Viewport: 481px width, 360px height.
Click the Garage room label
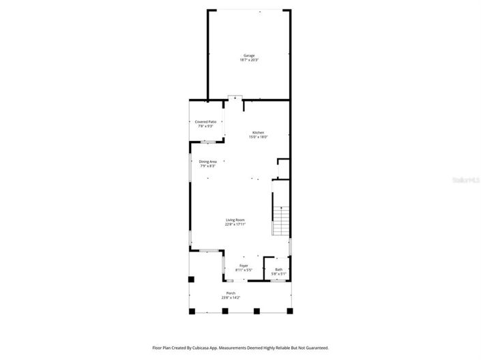click(249, 55)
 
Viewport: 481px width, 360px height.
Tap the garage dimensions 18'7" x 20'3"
click(249, 60)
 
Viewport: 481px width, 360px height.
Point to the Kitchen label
click(258, 132)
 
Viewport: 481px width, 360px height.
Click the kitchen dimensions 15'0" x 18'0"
click(258, 137)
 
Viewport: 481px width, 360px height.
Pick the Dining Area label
click(207, 162)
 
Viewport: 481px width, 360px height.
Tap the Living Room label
click(235, 220)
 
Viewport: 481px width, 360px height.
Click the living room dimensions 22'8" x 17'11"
click(235, 224)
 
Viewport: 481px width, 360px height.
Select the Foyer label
click(244, 265)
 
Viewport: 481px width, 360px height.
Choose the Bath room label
click(278, 269)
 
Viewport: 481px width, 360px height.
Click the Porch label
click(231, 293)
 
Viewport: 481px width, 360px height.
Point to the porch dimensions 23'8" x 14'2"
click(231, 298)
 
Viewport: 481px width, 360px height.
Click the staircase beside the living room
click(280, 220)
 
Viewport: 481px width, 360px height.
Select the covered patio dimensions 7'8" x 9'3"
click(205, 126)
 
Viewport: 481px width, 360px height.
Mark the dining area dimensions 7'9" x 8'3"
click(207, 166)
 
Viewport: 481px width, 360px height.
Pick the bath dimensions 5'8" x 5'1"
click(278, 274)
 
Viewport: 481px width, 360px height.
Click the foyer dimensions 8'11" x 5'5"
click(244, 270)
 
